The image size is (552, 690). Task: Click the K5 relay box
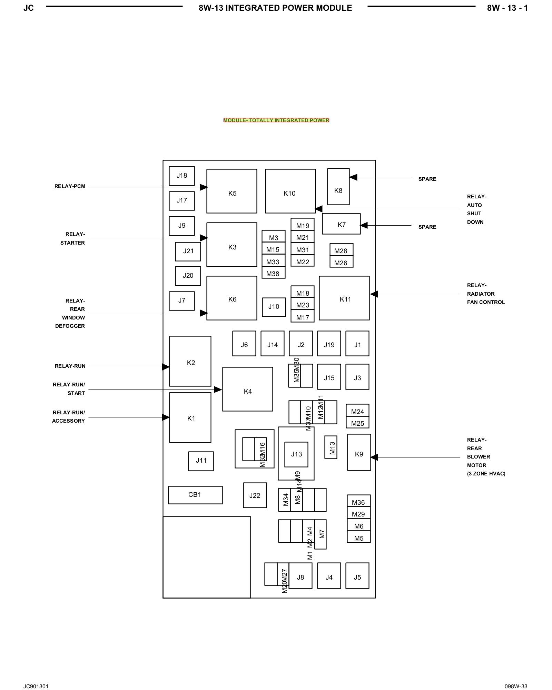click(x=231, y=191)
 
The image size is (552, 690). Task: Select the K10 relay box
click(x=290, y=191)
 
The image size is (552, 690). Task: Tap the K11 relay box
click(x=344, y=298)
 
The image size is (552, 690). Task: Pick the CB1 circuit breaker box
click(x=195, y=495)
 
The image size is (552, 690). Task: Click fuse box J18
click(x=182, y=176)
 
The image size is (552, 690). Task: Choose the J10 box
click(x=274, y=307)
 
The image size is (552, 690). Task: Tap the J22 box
click(x=255, y=495)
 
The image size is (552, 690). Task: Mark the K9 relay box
click(x=359, y=452)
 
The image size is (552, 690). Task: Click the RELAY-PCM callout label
click(x=70, y=187)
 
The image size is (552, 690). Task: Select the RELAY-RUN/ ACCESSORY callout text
click(x=68, y=417)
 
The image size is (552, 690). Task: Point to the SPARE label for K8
click(x=427, y=179)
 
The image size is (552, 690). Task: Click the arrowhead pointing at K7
click(x=364, y=225)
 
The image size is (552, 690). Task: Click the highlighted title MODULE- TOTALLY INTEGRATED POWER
click(x=276, y=120)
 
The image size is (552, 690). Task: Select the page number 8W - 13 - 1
click(x=507, y=8)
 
